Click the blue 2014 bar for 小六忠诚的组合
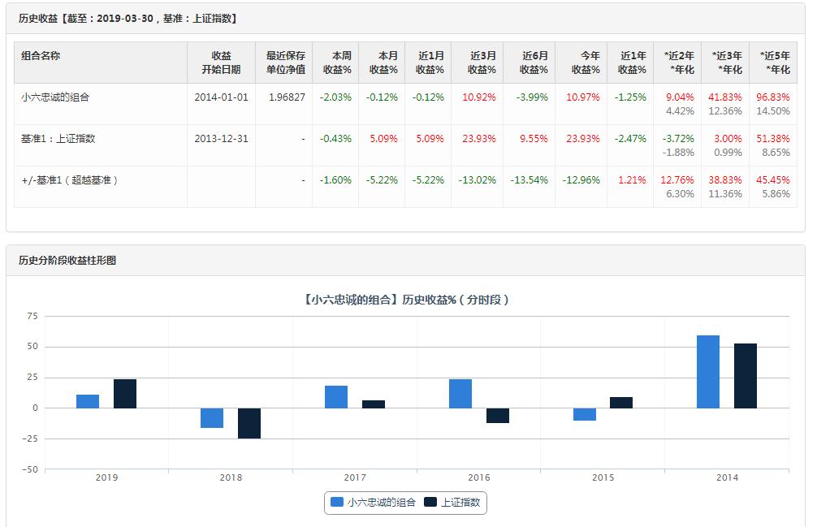[708, 372]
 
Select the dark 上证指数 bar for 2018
[249, 423]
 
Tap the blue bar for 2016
[460, 394]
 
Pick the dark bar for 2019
[125, 394]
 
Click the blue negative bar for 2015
[585, 414]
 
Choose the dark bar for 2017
[374, 404]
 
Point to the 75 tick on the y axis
[32, 316]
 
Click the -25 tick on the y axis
[30, 438]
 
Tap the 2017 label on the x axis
[355, 477]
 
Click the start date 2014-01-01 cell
[221, 97]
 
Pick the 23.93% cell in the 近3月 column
[479, 139]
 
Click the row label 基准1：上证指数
[58, 139]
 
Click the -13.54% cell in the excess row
[530, 180]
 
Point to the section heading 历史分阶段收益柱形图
[67, 261]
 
